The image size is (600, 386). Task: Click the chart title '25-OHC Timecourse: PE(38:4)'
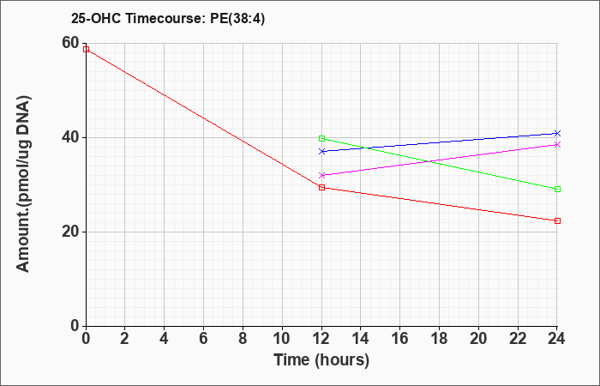(x=168, y=18)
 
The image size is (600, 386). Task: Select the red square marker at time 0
(x=86, y=49)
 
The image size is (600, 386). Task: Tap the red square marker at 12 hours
(x=321, y=187)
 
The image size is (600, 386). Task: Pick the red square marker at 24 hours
(x=557, y=220)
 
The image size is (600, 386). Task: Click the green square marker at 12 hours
(x=321, y=138)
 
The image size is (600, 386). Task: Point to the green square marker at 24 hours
(x=557, y=189)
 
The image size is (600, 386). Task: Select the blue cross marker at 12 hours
(x=321, y=151)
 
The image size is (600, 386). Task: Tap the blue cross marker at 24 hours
(x=557, y=133)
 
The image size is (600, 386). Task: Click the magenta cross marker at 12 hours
(x=321, y=175)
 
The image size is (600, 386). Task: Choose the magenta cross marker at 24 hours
(x=557, y=144)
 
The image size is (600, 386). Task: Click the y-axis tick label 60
(x=70, y=43)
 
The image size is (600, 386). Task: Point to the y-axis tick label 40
(x=70, y=137)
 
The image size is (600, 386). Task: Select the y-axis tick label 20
(x=70, y=232)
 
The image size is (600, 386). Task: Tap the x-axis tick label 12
(x=321, y=339)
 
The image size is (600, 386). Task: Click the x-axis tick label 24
(x=557, y=339)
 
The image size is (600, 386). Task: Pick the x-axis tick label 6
(x=204, y=339)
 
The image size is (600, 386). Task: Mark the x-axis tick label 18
(x=439, y=339)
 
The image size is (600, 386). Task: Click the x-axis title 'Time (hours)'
(x=321, y=360)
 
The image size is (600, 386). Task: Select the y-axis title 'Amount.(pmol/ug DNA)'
(x=23, y=184)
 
